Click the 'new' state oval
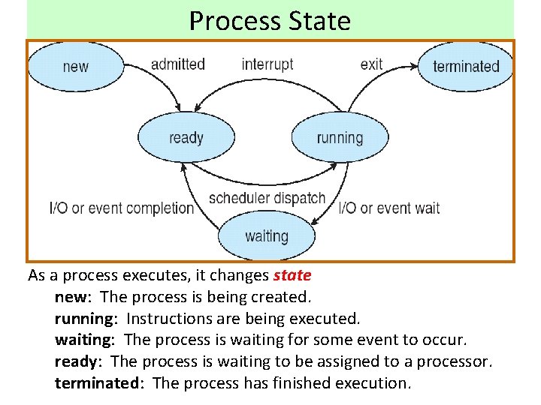click(75, 66)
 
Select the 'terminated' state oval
click(466, 66)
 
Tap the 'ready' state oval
click(186, 137)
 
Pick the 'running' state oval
click(340, 137)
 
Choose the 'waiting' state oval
click(267, 236)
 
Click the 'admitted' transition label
click(178, 64)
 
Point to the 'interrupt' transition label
click(267, 64)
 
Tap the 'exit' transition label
click(371, 64)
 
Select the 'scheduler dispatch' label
click(267, 199)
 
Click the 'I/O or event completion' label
click(121, 208)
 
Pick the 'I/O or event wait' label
click(389, 208)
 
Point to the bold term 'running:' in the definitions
click(86, 319)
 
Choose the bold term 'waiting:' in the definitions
click(84, 340)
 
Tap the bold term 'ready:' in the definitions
click(79, 361)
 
